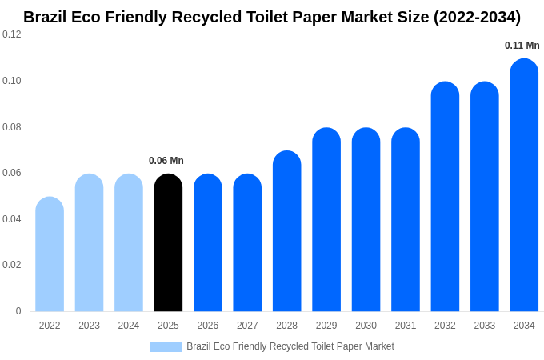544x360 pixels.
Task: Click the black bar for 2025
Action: pos(168,243)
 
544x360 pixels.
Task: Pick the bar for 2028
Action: pos(286,232)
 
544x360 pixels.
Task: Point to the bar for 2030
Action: pos(366,220)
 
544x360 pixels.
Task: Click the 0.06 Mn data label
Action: pos(166,161)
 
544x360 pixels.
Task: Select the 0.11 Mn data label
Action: pos(522,46)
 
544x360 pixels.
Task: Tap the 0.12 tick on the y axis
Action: pos(12,34)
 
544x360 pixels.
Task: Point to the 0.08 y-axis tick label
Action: pos(12,126)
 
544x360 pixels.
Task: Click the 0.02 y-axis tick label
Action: pos(12,265)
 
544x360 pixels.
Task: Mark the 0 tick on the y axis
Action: pos(18,311)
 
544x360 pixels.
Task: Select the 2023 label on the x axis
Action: pos(89,326)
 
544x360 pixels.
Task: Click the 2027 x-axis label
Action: pos(247,326)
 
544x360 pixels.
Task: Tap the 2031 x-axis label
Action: pos(406,326)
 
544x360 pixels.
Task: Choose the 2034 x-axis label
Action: pos(524,326)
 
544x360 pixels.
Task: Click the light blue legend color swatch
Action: pos(166,346)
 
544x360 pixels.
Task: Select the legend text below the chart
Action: pos(290,346)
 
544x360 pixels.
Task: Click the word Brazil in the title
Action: pos(46,17)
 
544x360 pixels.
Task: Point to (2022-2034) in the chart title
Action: pos(477,17)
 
